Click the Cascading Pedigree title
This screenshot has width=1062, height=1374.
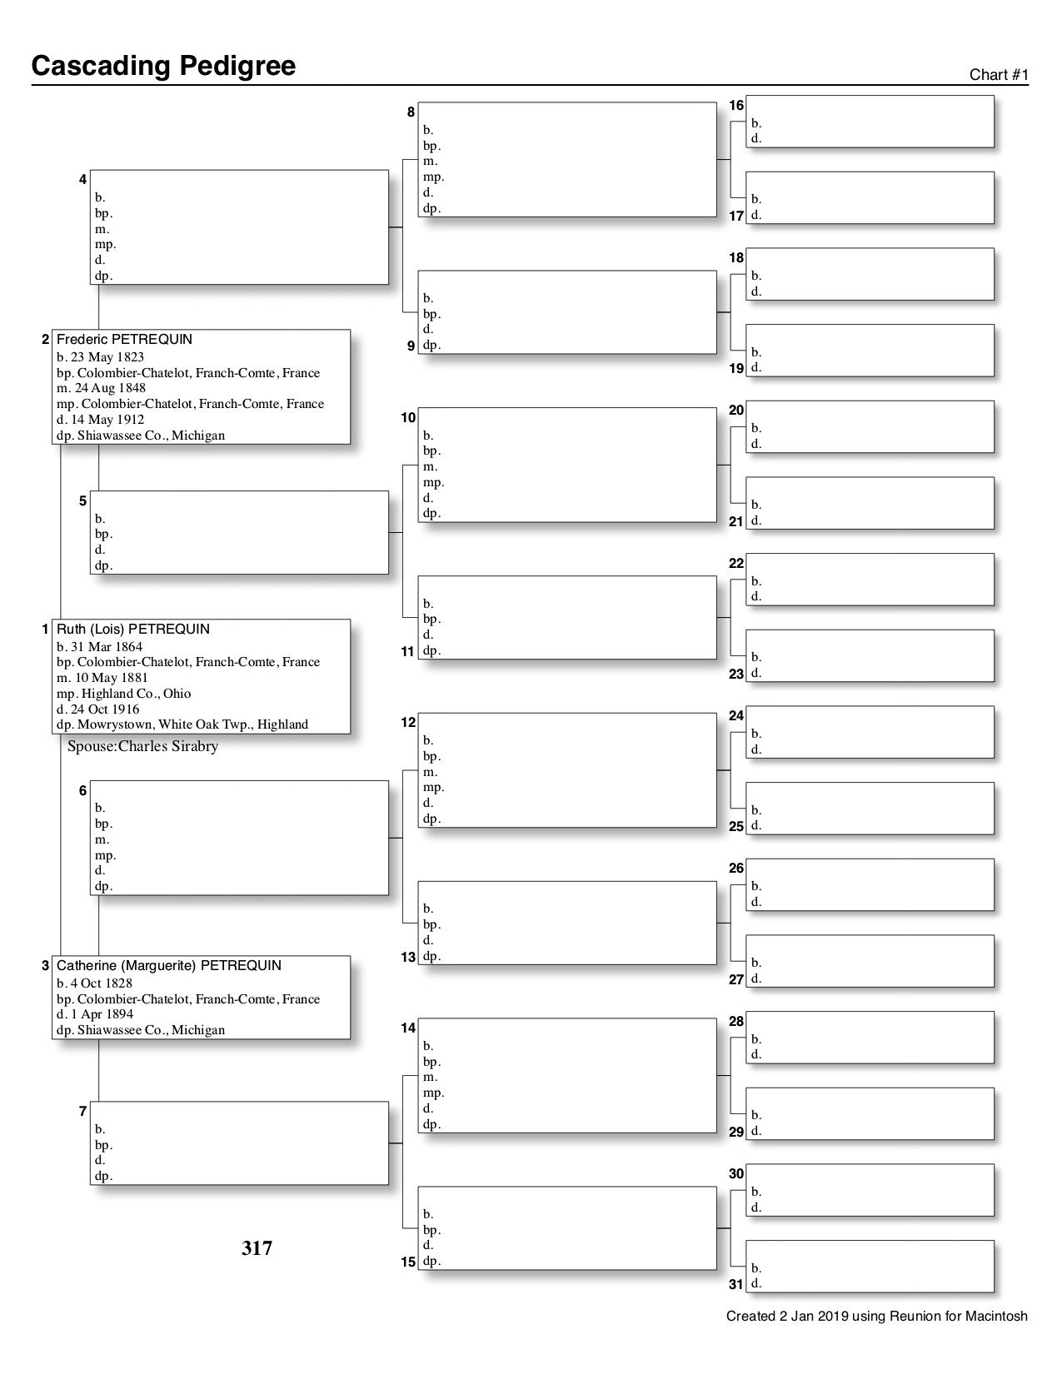click(163, 66)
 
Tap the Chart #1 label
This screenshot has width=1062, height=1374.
click(999, 75)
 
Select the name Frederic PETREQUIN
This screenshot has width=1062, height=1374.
click(124, 340)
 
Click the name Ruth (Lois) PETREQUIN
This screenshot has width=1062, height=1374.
click(133, 630)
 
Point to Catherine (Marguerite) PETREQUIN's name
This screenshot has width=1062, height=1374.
click(169, 966)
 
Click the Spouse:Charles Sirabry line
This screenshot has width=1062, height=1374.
click(142, 747)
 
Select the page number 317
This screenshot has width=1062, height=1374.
click(257, 1248)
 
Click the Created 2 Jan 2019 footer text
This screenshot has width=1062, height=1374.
click(876, 1317)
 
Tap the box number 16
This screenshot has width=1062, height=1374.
click(736, 105)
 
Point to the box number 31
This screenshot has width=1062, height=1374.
click(735, 1284)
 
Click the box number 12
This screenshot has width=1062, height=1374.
click(408, 723)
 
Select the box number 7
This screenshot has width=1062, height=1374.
click(82, 1111)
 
